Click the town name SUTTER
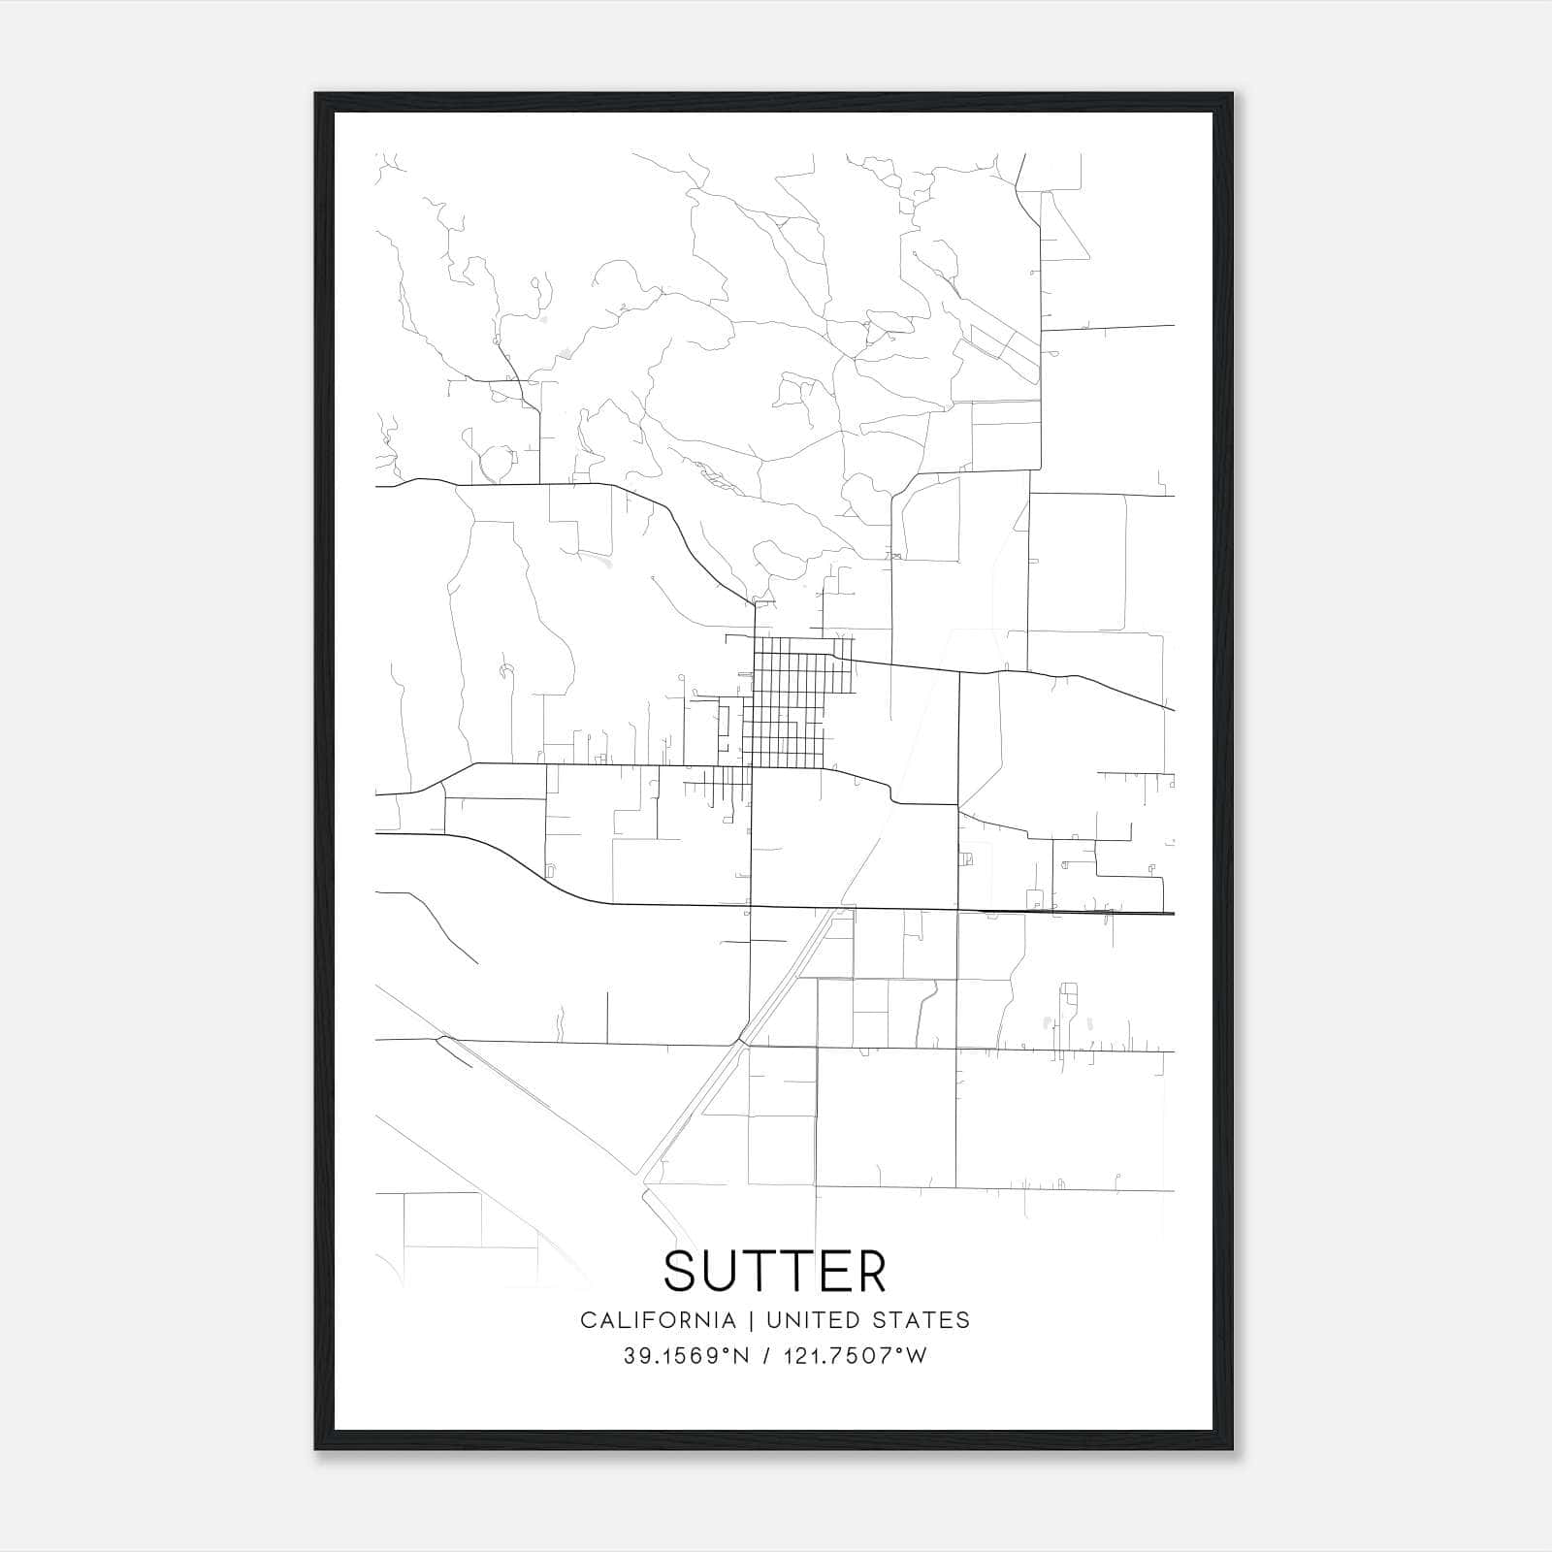(x=775, y=1271)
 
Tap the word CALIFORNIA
(x=658, y=1320)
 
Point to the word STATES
(x=925, y=1320)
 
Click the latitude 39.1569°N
(x=686, y=1356)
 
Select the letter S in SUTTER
(x=681, y=1271)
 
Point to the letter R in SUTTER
(x=871, y=1271)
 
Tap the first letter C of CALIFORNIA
(x=588, y=1320)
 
